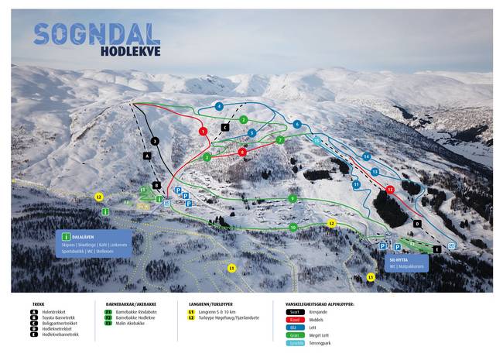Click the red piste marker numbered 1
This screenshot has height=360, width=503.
[x=203, y=132]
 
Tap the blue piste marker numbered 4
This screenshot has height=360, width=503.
[x=220, y=106]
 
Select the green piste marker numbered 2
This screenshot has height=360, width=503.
[x=243, y=120]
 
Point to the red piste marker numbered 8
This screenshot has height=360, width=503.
[x=242, y=153]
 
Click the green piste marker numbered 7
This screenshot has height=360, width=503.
[x=280, y=140]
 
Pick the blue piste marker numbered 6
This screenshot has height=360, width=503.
[x=296, y=125]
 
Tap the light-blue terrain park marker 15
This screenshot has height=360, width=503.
[x=317, y=140]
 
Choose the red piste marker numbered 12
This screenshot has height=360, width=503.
[x=390, y=189]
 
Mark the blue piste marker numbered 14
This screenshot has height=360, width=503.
[x=367, y=157]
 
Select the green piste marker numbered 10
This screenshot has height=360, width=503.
[x=293, y=228]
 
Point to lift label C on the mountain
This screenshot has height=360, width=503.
[x=225, y=127]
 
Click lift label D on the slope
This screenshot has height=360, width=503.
[x=417, y=224]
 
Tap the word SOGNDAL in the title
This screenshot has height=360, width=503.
[x=97, y=33]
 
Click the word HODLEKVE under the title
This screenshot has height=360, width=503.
[x=130, y=53]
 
